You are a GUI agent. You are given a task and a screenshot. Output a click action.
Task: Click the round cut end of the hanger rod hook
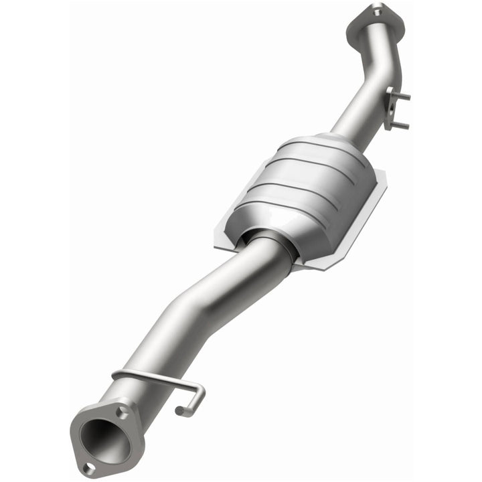pyautogui.click(x=179, y=410)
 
